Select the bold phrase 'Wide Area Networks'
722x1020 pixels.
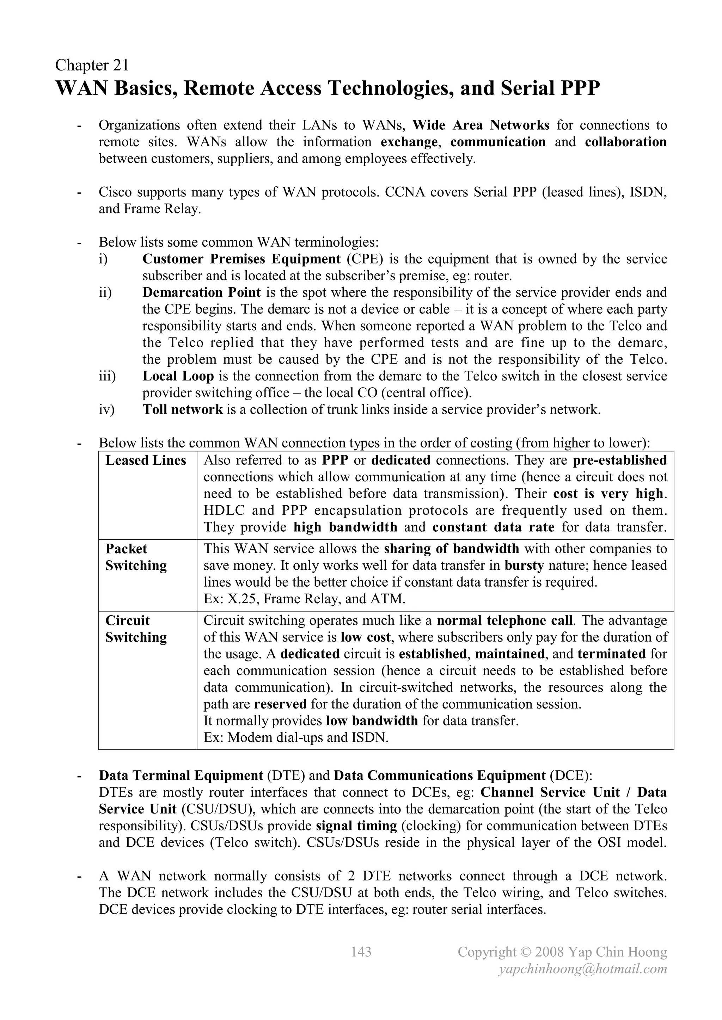coord(481,125)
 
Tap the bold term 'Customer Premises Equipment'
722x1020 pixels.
coord(241,259)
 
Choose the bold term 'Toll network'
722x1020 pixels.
coord(182,410)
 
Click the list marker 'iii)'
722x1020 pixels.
coord(107,376)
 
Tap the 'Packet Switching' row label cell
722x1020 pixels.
coord(136,557)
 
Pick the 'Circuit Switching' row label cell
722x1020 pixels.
coord(136,629)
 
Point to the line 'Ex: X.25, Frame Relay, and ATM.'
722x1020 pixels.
coord(304,599)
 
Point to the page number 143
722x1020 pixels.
coord(361,952)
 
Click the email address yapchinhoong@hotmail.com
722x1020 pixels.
coord(583,969)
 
